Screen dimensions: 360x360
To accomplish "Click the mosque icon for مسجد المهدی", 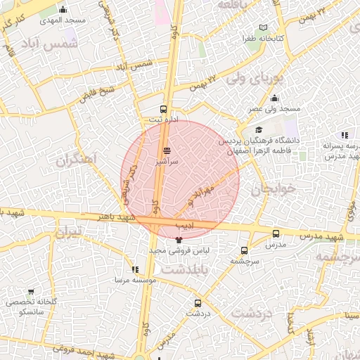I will [x=63, y=9].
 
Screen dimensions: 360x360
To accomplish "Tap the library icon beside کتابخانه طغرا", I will [x=263, y=27].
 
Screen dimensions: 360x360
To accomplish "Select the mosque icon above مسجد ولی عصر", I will [x=274, y=98].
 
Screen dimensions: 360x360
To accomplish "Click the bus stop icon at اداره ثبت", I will [x=164, y=109].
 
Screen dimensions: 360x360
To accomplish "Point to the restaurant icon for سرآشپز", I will [x=167, y=150].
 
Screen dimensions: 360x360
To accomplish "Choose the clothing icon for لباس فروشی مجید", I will [x=178, y=240].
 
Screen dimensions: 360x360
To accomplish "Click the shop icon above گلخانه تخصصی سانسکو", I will [x=31, y=291].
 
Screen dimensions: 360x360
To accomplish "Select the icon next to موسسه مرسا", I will [x=134, y=269].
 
